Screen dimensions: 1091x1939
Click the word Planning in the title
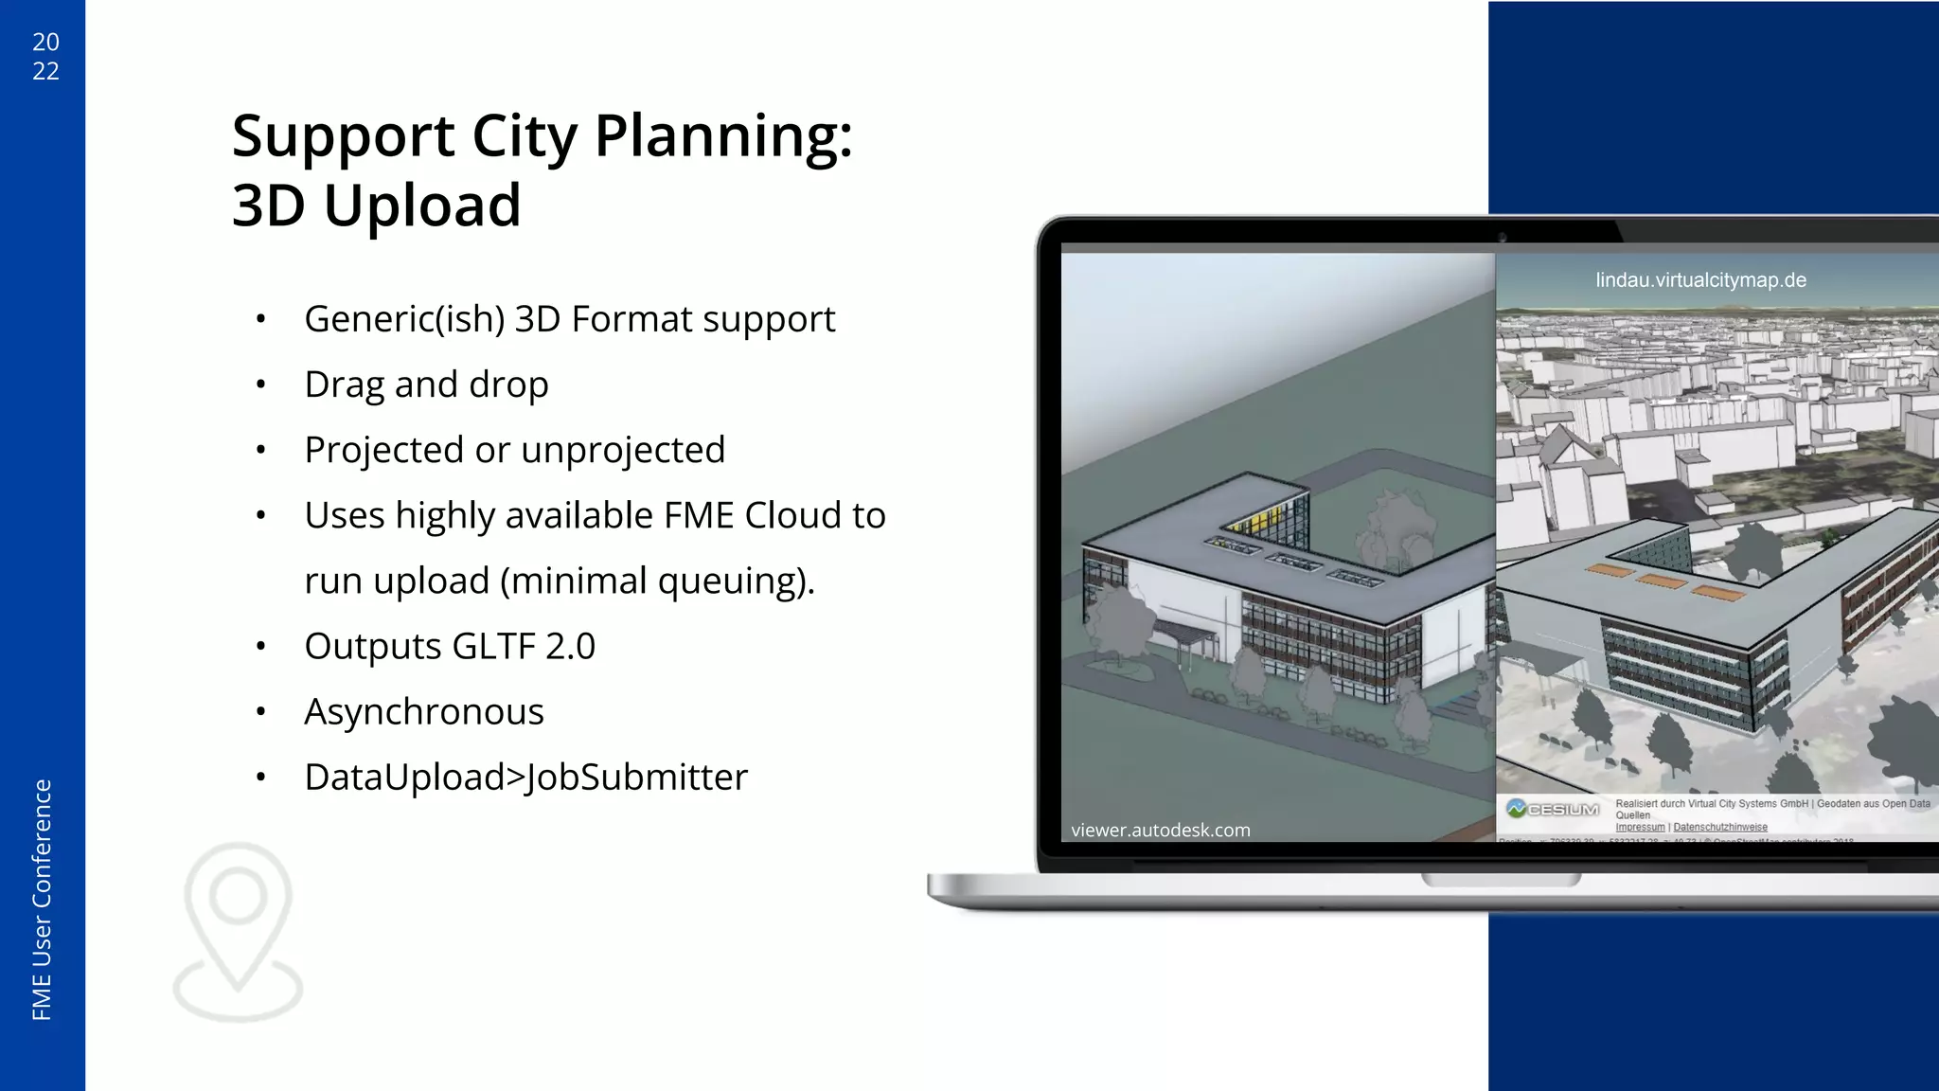click(723, 136)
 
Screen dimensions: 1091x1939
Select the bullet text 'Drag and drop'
click(426, 385)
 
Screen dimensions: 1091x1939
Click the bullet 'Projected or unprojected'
click(514, 450)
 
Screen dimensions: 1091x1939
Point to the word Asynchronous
click(423, 712)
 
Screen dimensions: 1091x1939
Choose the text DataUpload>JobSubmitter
click(525, 778)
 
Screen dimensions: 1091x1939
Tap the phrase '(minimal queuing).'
click(657, 581)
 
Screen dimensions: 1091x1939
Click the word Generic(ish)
click(404, 319)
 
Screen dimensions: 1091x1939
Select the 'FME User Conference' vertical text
click(42, 899)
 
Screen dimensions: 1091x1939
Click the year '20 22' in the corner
click(45, 56)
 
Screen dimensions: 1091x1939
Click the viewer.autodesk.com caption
click(1160, 831)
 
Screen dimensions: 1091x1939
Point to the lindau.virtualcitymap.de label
click(1700, 280)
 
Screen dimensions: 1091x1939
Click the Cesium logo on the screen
click(1553, 810)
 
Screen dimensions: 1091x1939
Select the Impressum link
click(1640, 828)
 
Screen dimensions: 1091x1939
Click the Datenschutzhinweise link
click(1719, 828)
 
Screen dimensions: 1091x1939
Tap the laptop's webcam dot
click(1503, 237)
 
